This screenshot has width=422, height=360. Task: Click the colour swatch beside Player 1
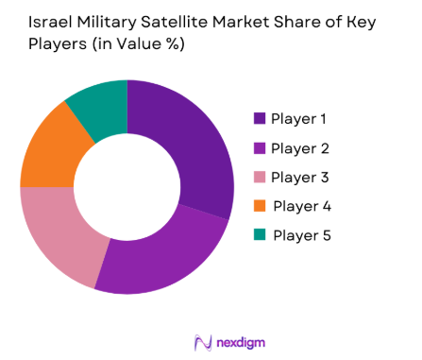pyautogui.click(x=260, y=119)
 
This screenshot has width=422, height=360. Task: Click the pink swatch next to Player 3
pyautogui.click(x=260, y=177)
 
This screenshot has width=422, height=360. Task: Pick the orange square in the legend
pyautogui.click(x=260, y=205)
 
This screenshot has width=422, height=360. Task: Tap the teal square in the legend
pyautogui.click(x=260, y=234)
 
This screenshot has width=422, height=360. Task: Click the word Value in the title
pyautogui.click(x=169, y=43)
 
